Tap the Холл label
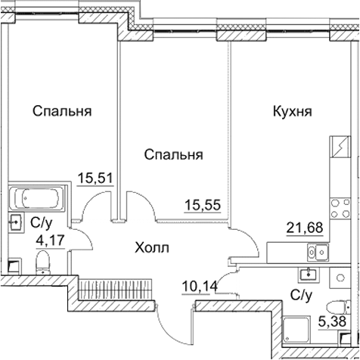point(151,247)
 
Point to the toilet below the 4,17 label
point(43,262)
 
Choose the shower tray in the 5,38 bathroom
point(296,331)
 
